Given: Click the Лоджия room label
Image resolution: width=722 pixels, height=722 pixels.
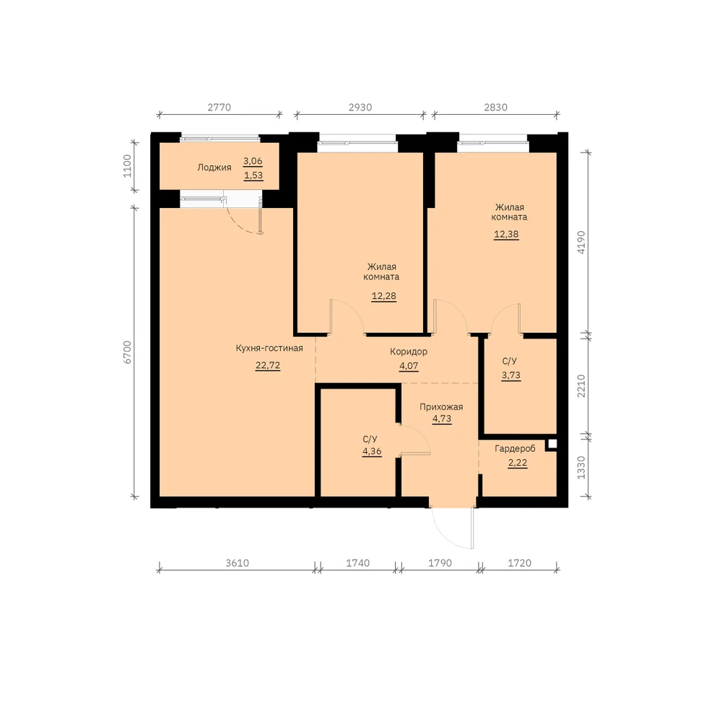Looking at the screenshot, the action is (214, 168).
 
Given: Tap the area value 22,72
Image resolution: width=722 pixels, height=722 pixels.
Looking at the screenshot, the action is (268, 365).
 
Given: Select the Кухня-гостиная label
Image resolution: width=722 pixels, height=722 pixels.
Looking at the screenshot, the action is (269, 348).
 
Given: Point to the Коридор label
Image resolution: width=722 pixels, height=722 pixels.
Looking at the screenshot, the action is (409, 352).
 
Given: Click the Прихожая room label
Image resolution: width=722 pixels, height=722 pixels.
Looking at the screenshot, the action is (441, 407).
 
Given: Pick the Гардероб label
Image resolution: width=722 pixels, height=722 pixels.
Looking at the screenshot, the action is (516, 448).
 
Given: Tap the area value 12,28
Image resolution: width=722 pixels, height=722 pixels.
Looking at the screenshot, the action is (383, 296).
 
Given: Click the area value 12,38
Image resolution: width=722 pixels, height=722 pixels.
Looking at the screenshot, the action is (506, 235).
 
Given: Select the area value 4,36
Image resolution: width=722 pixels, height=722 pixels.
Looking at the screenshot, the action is (372, 451).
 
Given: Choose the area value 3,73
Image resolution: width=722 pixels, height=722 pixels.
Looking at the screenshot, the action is (510, 375).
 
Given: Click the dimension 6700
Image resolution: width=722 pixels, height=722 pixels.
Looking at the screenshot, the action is (127, 352).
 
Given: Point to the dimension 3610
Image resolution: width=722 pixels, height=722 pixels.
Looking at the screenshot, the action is (237, 562).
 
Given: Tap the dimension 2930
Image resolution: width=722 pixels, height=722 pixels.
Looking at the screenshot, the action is (360, 108).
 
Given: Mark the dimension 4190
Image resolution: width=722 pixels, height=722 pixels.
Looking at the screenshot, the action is (581, 242).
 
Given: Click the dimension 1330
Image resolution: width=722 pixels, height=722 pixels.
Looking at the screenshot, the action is (581, 467).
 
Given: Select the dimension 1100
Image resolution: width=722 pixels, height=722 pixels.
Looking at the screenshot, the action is (127, 166).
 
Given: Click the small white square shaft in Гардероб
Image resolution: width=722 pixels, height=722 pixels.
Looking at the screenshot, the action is (552, 444).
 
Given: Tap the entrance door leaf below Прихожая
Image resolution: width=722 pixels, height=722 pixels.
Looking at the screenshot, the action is (472, 529).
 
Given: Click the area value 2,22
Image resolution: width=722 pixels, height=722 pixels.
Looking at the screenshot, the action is (518, 463).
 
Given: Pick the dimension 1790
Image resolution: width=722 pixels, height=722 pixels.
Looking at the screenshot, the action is (440, 562).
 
